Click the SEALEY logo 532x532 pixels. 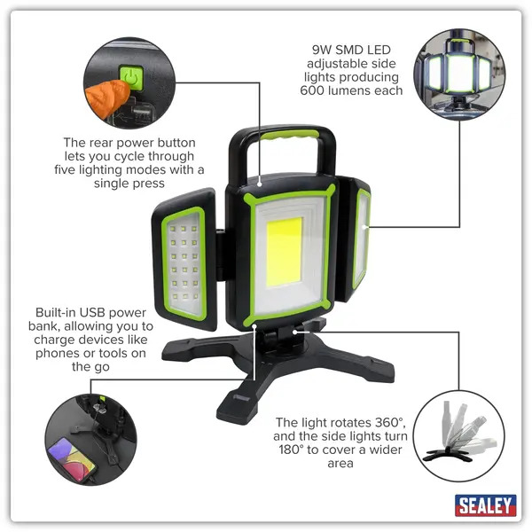pos(485,505)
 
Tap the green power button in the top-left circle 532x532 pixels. pos(130,78)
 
